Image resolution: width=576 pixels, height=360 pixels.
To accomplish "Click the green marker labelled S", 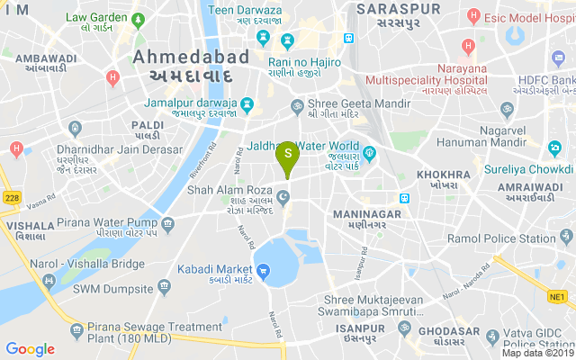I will point(287,156).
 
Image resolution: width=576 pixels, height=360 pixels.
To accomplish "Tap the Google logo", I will point(30,349).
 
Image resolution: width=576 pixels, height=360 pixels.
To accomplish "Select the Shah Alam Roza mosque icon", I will point(283,197).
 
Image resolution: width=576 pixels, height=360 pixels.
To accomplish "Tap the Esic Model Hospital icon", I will point(474,16).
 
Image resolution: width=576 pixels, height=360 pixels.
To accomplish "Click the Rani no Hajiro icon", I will point(287,40).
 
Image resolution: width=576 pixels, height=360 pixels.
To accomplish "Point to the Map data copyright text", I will point(537,353).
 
